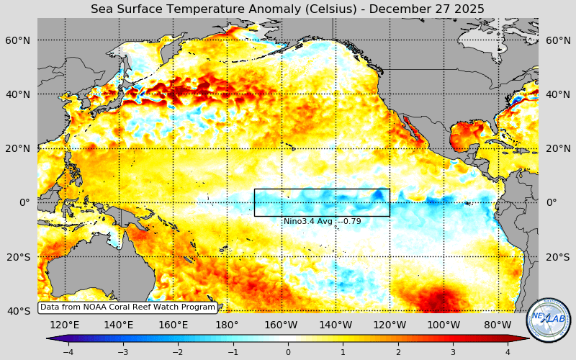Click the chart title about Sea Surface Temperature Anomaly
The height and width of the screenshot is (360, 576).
[x=287, y=9]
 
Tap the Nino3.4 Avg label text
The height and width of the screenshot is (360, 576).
[x=322, y=221]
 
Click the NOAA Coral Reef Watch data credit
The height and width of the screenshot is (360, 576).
[x=127, y=307]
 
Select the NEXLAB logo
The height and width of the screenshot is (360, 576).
[x=549, y=320]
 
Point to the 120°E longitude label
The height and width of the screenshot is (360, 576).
[x=65, y=325]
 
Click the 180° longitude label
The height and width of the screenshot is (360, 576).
[x=227, y=325]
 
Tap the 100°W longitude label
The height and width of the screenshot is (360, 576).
[x=444, y=325]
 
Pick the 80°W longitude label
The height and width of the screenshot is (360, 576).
[x=498, y=325]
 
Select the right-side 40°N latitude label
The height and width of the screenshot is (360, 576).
[x=557, y=94]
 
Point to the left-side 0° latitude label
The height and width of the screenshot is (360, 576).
[x=24, y=202]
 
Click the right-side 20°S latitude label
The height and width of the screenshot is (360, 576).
[x=557, y=257]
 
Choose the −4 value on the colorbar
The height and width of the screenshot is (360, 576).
[x=68, y=352]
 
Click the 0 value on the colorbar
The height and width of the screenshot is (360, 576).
[x=288, y=352]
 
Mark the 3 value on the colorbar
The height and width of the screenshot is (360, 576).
[x=453, y=352]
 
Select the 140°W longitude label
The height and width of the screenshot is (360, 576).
[x=336, y=325]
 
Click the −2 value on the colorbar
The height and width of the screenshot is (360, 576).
[x=177, y=352]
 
